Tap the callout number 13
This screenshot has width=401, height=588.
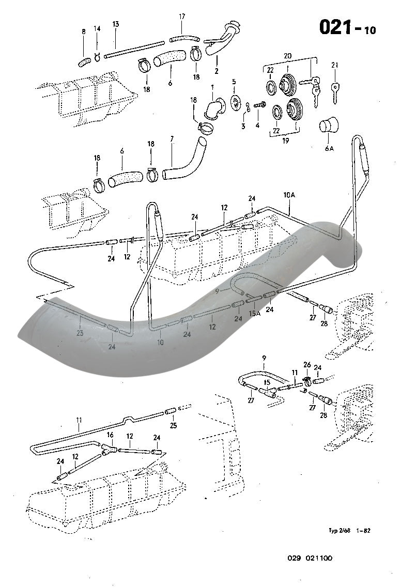click(115, 24)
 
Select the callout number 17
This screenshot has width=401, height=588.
click(182, 17)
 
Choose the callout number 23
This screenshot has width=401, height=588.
click(80, 333)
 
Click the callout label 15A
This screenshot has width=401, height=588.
click(254, 313)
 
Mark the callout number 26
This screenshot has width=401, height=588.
click(307, 365)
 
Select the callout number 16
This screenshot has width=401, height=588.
click(110, 436)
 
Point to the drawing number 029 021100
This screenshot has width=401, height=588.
click(310, 558)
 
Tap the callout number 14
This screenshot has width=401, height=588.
click(98, 29)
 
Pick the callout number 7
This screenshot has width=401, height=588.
click(172, 140)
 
